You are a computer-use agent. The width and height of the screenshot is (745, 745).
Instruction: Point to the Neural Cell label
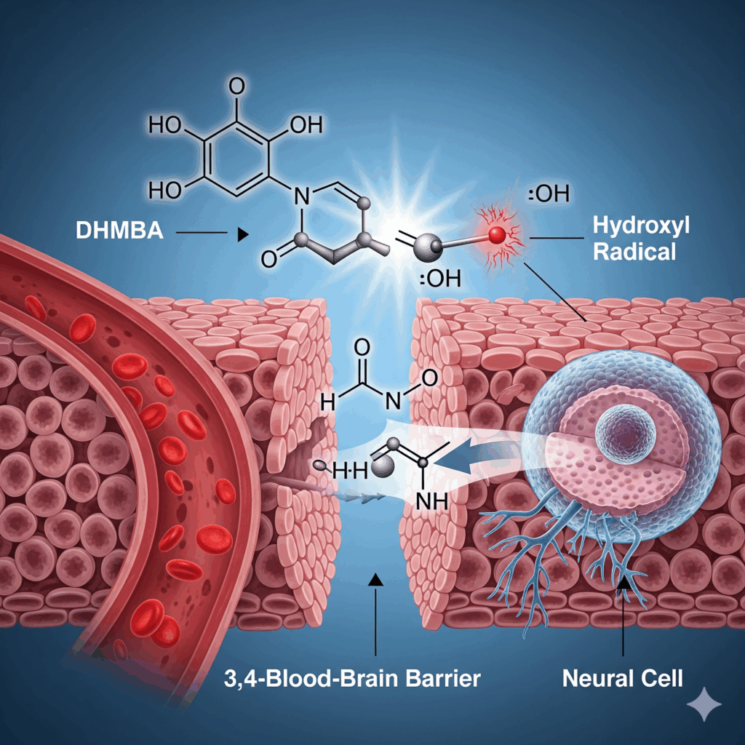point(623,679)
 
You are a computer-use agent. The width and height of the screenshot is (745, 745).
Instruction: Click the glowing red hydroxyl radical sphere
point(497,234)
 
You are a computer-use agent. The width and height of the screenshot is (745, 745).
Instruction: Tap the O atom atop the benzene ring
point(237,86)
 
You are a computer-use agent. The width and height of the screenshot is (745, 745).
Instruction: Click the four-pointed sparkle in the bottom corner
point(704,704)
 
